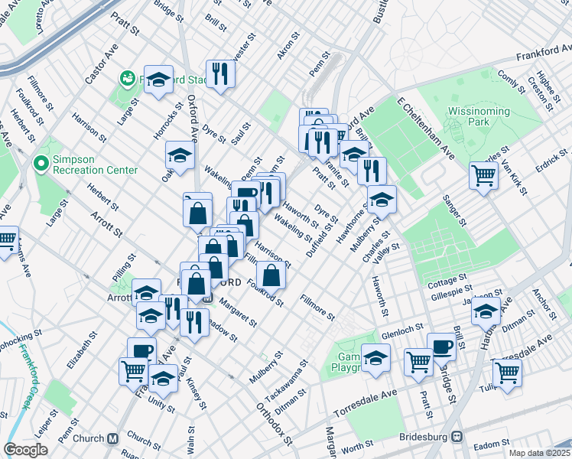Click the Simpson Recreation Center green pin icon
[41, 164]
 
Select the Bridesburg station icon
[458, 437]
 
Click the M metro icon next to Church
[113, 438]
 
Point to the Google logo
[25, 450]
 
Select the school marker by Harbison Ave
[486, 310]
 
